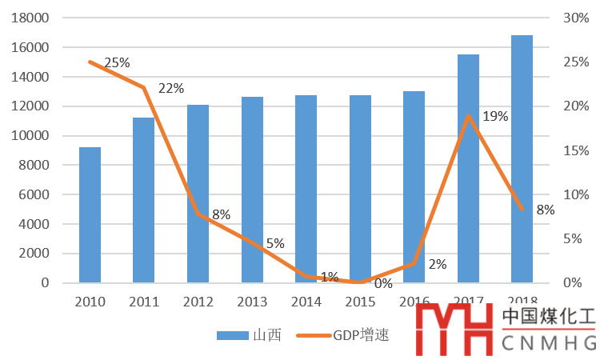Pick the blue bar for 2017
(468, 168)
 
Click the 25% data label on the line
(117, 62)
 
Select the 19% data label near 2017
(495, 116)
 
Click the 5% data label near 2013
(275, 243)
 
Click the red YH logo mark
(455, 330)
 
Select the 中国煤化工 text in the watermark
(549, 317)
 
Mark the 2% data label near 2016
(437, 265)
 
